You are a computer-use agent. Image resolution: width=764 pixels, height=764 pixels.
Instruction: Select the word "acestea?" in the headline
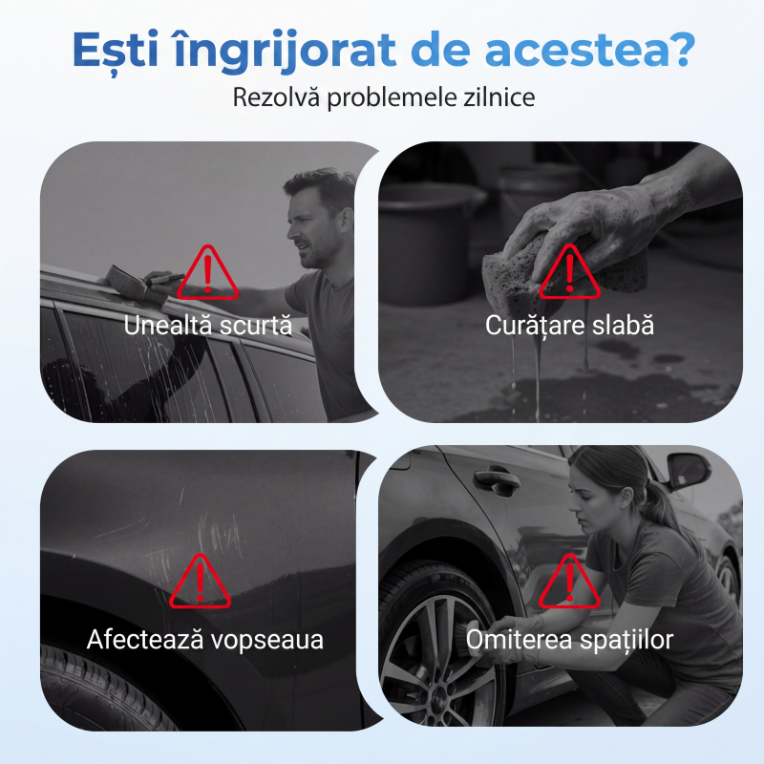click(589, 49)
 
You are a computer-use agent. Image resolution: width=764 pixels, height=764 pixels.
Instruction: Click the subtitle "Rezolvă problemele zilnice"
click(384, 97)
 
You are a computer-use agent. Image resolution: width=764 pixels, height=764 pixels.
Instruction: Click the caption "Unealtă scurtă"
click(207, 326)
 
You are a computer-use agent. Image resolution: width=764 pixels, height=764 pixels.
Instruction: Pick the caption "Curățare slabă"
click(569, 326)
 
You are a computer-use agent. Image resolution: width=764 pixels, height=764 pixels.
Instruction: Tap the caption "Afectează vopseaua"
click(205, 639)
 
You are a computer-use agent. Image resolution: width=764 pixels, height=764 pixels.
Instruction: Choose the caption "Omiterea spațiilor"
click(569, 640)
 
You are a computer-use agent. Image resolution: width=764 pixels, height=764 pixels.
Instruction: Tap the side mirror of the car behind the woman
click(688, 471)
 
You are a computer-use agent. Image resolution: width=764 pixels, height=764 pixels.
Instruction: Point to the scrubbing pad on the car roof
click(128, 284)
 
